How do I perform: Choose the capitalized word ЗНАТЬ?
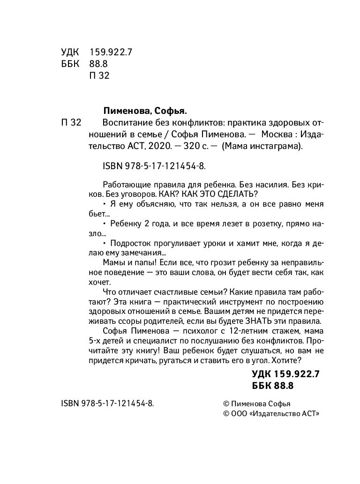(x=255, y=321)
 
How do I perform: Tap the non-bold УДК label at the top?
(x=71, y=52)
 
